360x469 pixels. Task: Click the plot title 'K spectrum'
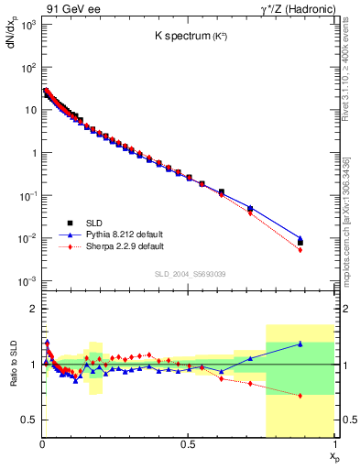point(188,38)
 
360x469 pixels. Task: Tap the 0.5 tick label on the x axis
point(188,444)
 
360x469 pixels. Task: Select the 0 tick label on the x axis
point(43,444)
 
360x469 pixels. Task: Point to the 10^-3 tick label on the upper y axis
point(27,281)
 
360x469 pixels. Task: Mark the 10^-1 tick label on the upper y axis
point(27,196)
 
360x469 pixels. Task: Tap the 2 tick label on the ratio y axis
point(33,309)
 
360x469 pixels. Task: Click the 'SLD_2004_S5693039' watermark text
point(188,273)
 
